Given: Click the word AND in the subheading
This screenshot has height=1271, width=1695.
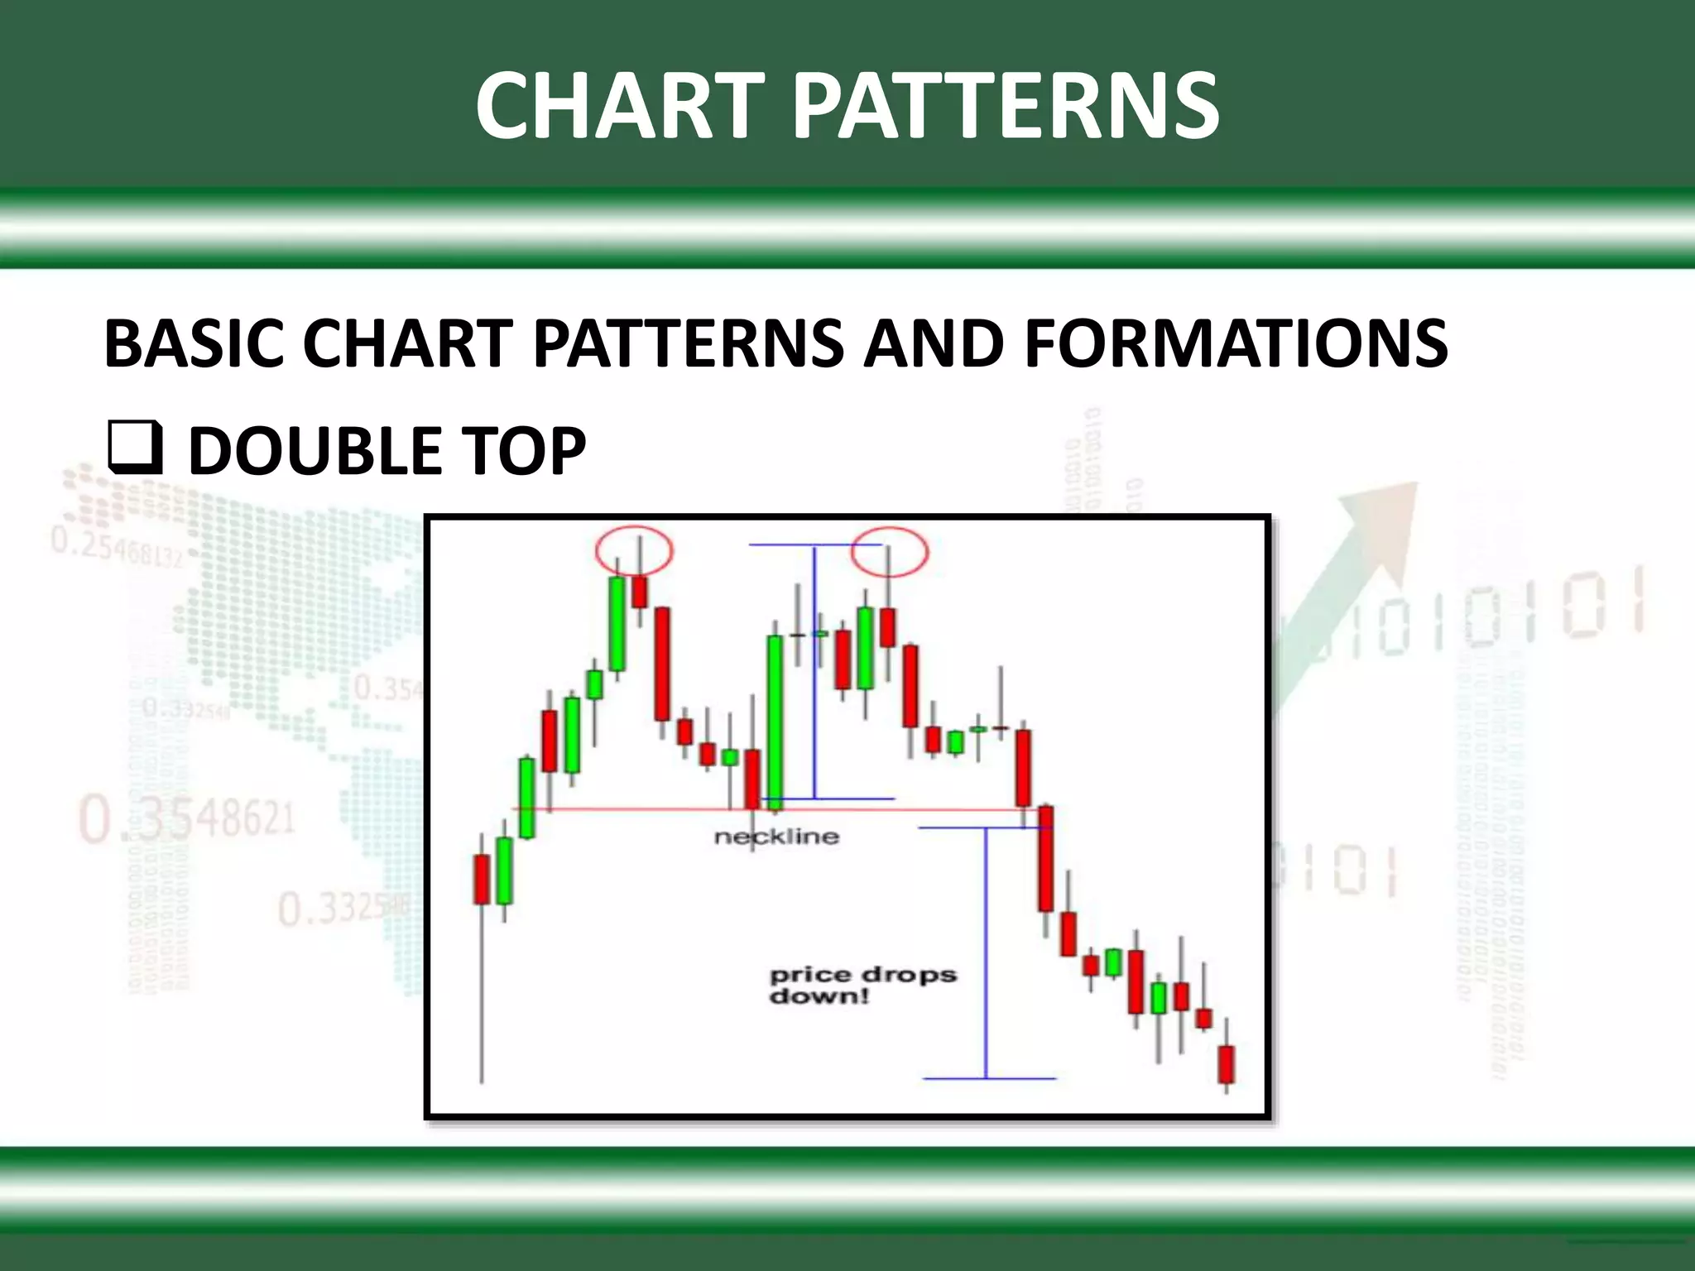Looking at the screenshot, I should [x=933, y=343].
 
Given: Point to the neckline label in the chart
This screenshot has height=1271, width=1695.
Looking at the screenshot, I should [x=776, y=837].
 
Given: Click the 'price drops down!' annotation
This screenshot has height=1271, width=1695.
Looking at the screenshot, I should [x=862, y=985].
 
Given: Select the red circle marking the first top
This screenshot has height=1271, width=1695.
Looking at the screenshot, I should [x=634, y=550].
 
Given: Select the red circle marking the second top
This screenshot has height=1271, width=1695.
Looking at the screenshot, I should [x=890, y=550].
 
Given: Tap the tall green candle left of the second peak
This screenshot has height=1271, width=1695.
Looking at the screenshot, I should [x=775, y=720].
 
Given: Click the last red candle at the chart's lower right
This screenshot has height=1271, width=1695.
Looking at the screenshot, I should [x=1226, y=1064].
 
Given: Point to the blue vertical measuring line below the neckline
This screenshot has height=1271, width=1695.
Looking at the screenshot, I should [x=986, y=952].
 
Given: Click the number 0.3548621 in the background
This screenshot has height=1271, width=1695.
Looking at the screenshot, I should [x=187, y=818].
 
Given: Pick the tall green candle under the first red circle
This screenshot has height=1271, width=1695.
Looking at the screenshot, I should [x=617, y=623].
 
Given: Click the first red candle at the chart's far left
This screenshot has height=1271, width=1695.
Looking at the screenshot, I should [x=482, y=879].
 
